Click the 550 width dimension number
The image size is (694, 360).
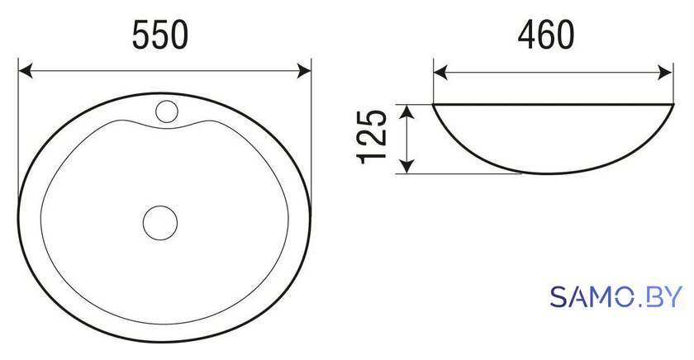[160, 36]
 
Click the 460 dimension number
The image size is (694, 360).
[546, 36]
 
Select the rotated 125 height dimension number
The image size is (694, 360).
[372, 136]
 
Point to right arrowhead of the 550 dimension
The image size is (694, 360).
[304, 71]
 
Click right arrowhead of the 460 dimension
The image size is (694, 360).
[666, 72]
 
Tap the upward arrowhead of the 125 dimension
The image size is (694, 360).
[407, 112]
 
